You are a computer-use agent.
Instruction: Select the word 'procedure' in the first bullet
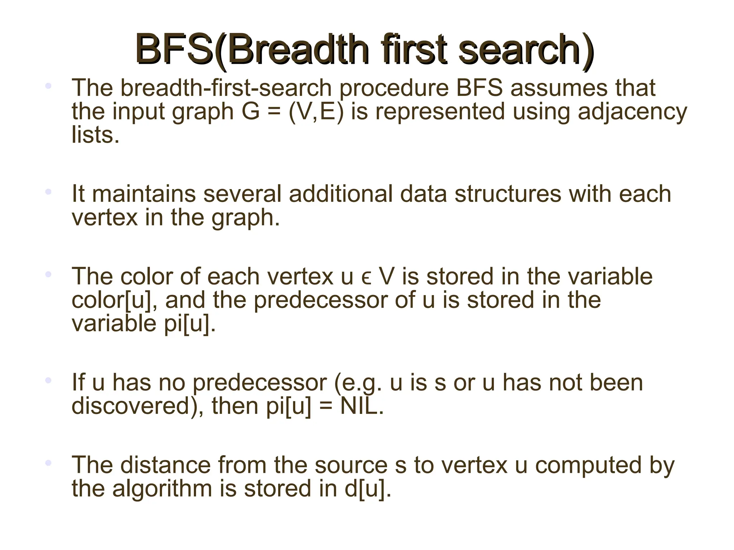coord(394,88)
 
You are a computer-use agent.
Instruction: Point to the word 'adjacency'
coord(633,112)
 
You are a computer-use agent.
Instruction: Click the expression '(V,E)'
coord(316,112)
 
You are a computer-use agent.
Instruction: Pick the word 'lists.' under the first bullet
coord(95,135)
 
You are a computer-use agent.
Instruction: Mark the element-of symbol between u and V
coord(366,278)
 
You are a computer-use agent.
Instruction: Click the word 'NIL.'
coord(362,406)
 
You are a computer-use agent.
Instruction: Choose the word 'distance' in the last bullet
coord(165,465)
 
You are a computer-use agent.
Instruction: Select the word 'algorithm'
coord(162,488)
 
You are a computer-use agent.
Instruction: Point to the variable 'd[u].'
coord(368,488)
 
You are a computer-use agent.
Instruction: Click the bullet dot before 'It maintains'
coord(48,192)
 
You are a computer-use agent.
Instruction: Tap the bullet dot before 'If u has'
coord(48,380)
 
